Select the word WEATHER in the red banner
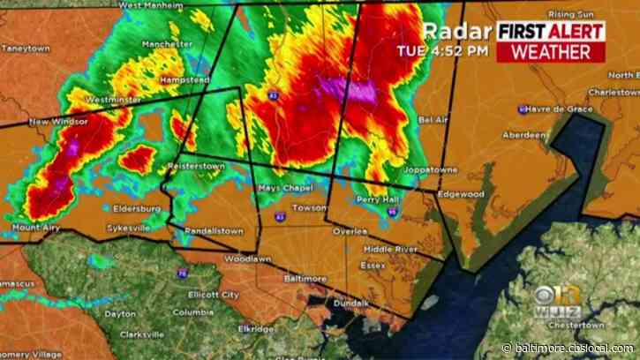[551, 50]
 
